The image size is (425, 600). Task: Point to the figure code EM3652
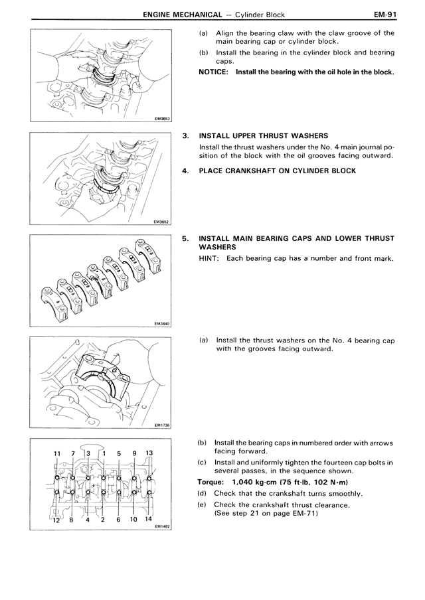(161, 222)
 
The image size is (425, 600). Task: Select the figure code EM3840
(161, 323)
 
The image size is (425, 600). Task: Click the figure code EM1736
(161, 425)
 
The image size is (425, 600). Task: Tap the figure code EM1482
(161, 527)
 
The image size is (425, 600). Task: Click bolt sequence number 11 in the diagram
(56, 454)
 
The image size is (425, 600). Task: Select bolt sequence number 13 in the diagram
(149, 454)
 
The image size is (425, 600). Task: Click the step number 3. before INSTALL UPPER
(186, 135)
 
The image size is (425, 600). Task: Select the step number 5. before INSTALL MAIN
(186, 238)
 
